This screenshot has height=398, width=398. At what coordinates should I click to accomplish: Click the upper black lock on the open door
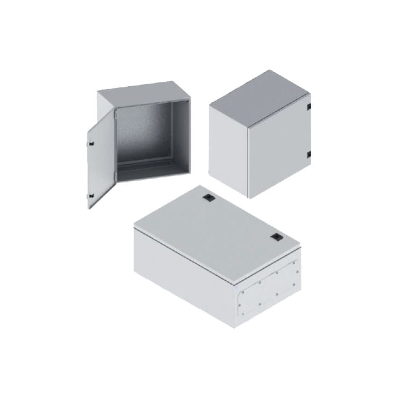[x=91, y=144]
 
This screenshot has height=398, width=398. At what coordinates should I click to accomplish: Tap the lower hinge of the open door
[x=115, y=176]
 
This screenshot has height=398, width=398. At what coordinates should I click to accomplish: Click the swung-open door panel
[x=102, y=158]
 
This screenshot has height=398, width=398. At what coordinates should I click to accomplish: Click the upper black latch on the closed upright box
[x=310, y=106]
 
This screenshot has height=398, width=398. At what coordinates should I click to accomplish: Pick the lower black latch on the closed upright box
[x=310, y=154]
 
